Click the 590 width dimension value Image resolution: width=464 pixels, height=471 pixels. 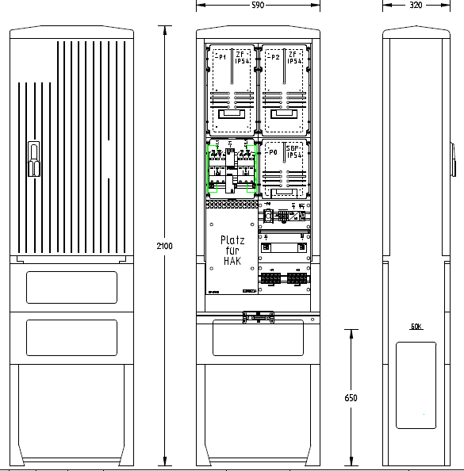(x=259, y=5)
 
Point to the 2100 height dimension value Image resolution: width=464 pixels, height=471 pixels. (x=164, y=247)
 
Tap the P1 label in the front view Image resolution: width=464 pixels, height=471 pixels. (x=220, y=58)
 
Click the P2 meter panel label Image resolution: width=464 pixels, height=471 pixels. (x=274, y=58)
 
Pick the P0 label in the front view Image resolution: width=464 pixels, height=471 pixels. (x=273, y=151)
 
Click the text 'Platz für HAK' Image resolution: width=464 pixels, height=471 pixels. (x=232, y=249)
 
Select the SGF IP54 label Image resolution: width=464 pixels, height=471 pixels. (x=293, y=151)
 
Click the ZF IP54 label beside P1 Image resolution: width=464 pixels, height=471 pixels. (x=242, y=58)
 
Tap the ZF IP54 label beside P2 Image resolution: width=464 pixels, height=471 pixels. (x=294, y=58)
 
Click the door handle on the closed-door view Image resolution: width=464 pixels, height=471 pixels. (x=33, y=158)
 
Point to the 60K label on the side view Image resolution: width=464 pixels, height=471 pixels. (x=416, y=327)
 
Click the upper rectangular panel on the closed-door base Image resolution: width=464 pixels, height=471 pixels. (x=71, y=287)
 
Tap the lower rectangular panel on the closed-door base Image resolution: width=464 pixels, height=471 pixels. (x=71, y=338)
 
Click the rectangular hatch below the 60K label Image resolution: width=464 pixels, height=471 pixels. (x=416, y=385)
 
